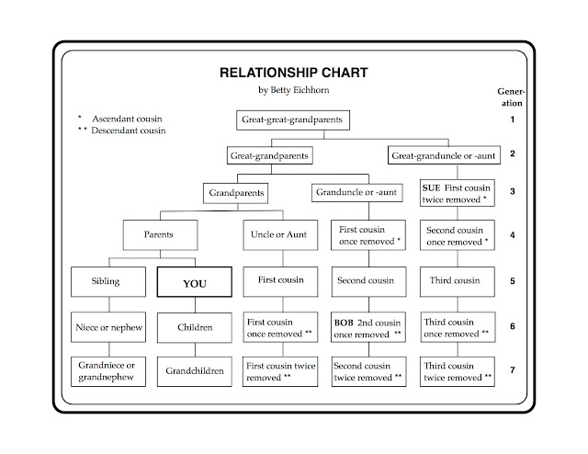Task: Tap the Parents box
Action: coord(158,234)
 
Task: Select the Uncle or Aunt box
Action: coord(279,234)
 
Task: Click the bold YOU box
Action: coord(195,284)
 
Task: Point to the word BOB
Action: coord(345,323)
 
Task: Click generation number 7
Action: coord(511,370)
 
